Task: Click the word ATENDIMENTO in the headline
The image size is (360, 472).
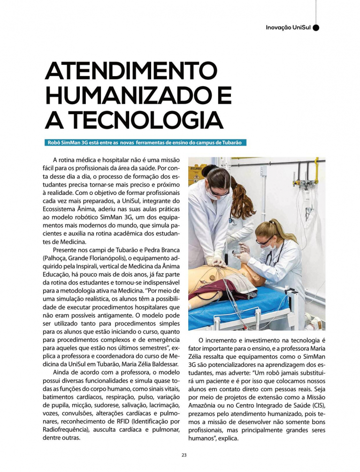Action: tap(131, 71)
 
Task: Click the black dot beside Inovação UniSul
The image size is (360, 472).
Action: tap(316, 28)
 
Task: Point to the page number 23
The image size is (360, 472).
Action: tap(184, 454)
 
